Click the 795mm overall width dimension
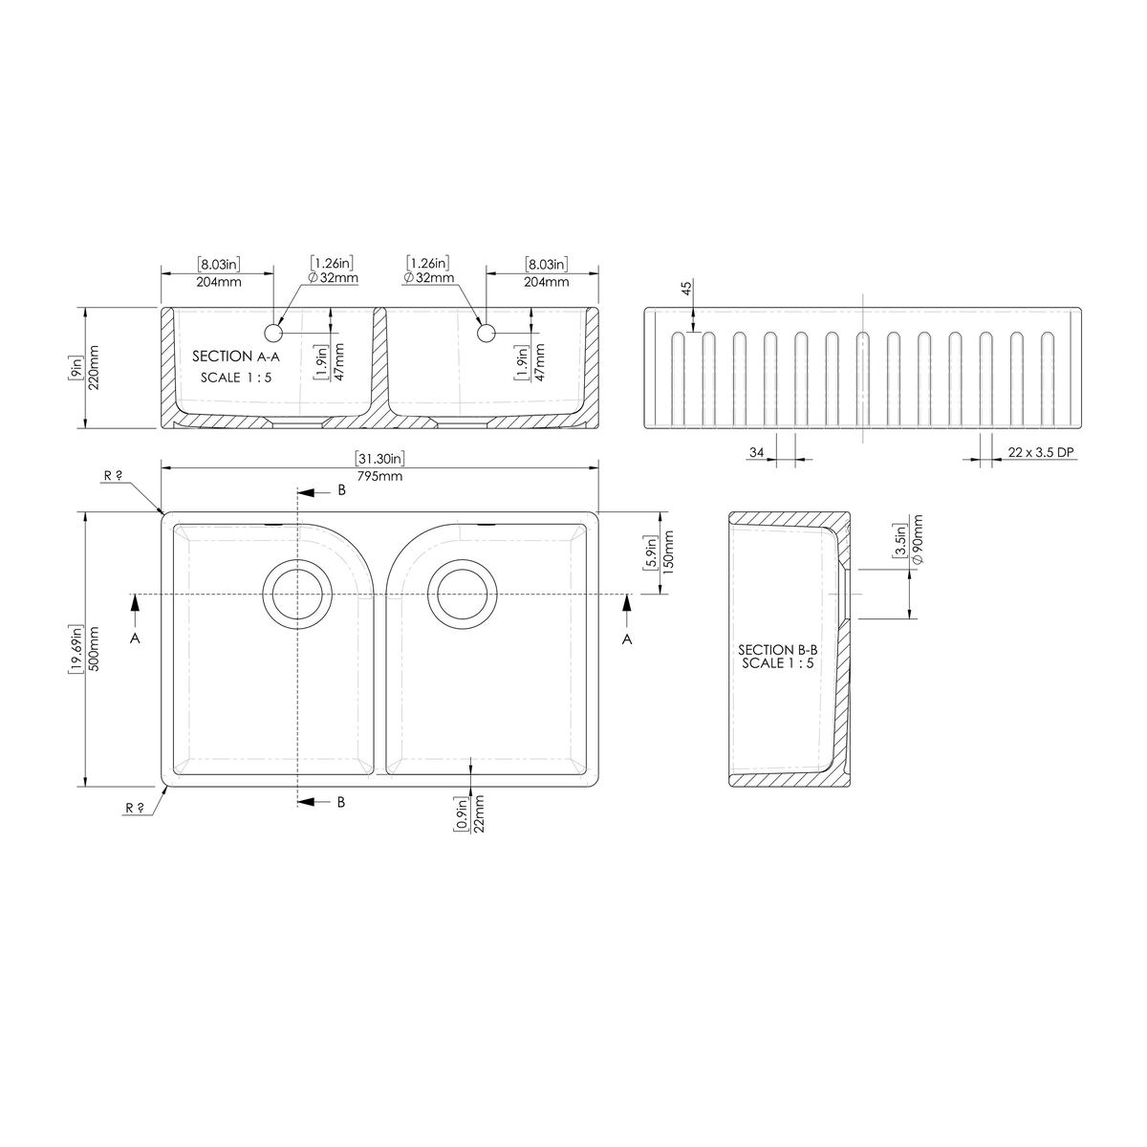[x=379, y=476]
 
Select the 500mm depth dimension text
[x=94, y=649]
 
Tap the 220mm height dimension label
[x=94, y=368]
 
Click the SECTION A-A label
[x=236, y=357]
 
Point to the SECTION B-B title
[x=777, y=650]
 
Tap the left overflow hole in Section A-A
[x=273, y=334]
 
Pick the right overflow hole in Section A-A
[x=486, y=334]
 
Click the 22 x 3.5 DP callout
[x=1041, y=452]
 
